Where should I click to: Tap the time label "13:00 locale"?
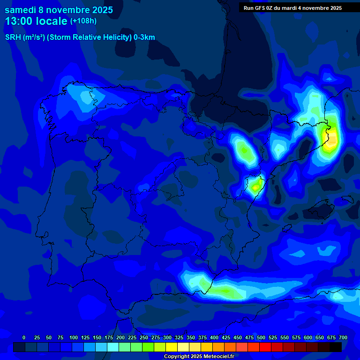(36, 21)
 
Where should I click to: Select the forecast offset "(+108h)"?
(83, 21)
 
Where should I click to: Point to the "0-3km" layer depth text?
(144, 37)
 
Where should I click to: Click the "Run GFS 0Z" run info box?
(292, 8)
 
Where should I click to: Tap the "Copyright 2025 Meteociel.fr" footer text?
(199, 357)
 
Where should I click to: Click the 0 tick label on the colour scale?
(24, 337)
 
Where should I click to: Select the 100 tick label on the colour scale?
(74, 337)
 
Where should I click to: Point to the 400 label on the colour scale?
(214, 337)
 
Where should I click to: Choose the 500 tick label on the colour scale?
(261, 337)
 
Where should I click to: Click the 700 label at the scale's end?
(343, 337)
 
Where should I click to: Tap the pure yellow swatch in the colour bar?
(172, 347)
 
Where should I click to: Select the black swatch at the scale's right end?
(336, 347)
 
